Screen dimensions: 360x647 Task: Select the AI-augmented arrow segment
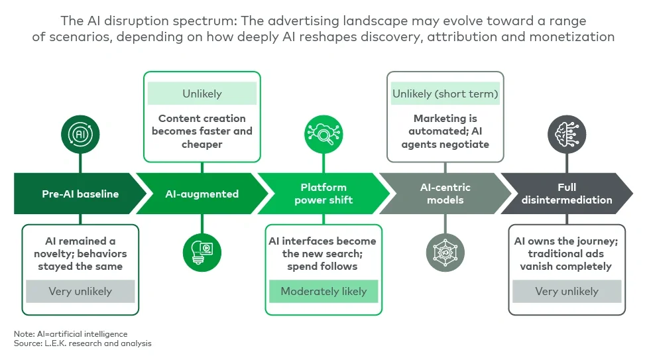click(x=202, y=194)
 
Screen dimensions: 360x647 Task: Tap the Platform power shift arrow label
click(x=323, y=194)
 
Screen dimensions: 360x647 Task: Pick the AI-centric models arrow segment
click(x=445, y=194)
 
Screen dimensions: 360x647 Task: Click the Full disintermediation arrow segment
click(x=566, y=194)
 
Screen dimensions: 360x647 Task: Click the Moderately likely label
click(x=323, y=291)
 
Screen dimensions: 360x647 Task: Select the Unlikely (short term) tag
click(x=445, y=94)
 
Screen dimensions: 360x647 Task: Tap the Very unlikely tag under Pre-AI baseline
click(x=80, y=291)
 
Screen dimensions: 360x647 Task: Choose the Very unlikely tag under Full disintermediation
click(x=566, y=291)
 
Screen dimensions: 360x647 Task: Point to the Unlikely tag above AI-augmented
click(x=202, y=94)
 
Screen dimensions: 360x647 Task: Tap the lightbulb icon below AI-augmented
click(x=202, y=253)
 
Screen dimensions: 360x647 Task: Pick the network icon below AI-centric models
click(x=445, y=253)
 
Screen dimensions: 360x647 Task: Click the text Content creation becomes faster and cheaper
click(x=202, y=131)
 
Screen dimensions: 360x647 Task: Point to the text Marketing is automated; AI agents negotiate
click(x=445, y=131)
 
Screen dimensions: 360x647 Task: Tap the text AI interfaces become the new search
click(x=323, y=253)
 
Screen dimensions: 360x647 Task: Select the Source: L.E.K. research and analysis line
click(x=83, y=343)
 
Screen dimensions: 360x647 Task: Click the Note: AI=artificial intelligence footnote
click(x=70, y=333)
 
